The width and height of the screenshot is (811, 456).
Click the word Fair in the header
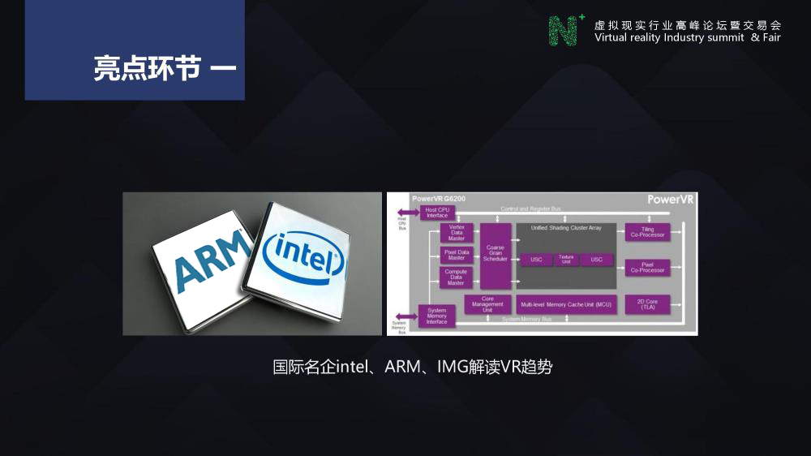pos(771,37)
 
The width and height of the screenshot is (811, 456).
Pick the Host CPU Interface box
pos(437,213)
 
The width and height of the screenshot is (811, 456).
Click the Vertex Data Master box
pos(456,233)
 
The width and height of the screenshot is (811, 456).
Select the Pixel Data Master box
pos(456,255)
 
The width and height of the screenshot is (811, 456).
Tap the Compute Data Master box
pos(456,277)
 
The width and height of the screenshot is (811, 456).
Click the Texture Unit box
pos(565,260)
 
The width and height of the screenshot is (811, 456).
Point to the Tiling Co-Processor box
pos(647,232)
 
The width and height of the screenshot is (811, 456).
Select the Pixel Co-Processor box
pos(647,267)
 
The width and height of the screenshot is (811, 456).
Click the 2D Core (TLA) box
pos(647,304)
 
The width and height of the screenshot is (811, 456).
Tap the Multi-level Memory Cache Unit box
pos(566,304)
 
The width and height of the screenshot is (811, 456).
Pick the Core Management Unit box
pos(487,304)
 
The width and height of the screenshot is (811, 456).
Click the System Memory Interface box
pos(436,316)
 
